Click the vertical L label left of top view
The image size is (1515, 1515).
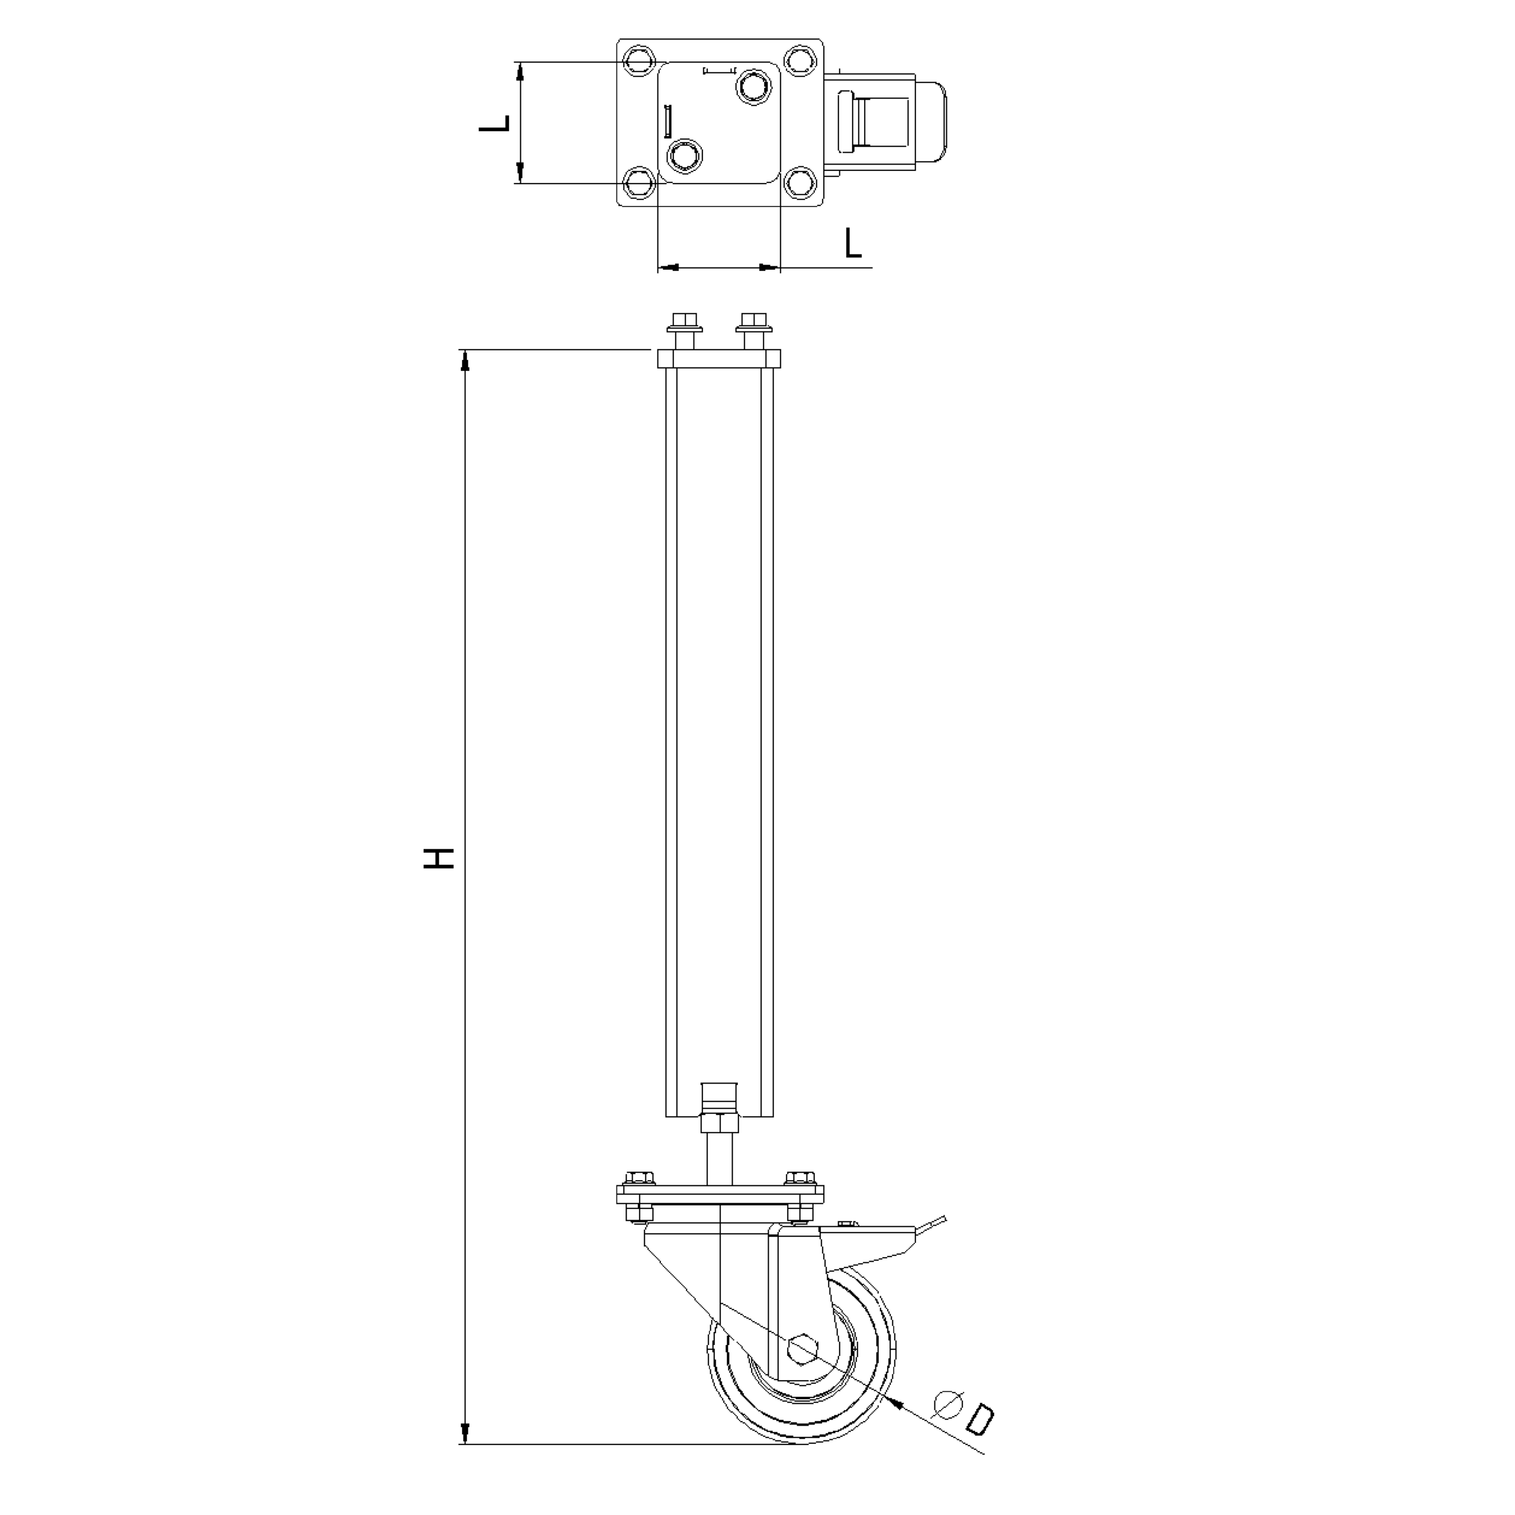495,123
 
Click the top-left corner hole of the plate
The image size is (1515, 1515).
639,60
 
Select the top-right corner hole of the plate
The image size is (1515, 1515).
800,60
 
